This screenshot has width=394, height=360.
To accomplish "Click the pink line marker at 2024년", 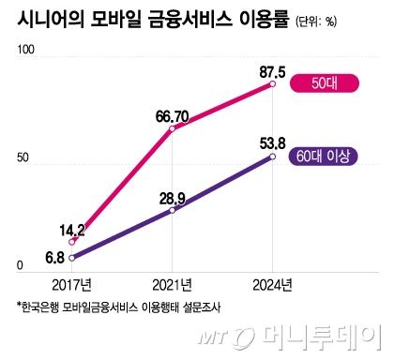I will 272,84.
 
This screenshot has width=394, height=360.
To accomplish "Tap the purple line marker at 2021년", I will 172,211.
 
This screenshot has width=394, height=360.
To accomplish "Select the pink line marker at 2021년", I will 172,128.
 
